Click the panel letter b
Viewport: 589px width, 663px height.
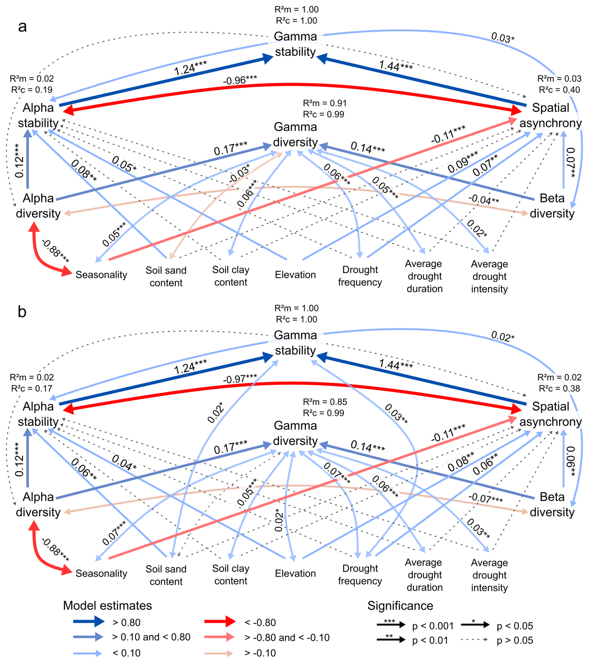pos(22,312)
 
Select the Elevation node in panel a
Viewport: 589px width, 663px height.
pos(295,275)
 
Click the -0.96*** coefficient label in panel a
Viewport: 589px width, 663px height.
pos(240,80)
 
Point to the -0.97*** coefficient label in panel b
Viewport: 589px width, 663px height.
pos(240,379)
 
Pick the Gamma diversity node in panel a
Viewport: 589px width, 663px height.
pos(295,135)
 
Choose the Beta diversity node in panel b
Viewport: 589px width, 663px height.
pos(552,504)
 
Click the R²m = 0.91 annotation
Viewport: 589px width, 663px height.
pos(324,103)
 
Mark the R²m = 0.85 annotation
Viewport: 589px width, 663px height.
pos(324,402)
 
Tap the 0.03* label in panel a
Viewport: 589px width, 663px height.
pos(502,38)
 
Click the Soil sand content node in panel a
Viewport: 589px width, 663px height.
pos(166,276)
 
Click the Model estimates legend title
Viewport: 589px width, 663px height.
pos(107,605)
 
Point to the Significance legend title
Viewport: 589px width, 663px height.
pos(400,605)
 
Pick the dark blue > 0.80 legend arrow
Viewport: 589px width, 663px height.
pos(89,622)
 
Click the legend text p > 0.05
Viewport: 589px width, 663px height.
pos(515,640)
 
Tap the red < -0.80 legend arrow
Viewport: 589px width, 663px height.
pos(220,622)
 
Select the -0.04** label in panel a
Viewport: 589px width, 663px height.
pos(483,199)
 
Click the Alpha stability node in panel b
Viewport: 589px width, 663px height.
pos(38,414)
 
